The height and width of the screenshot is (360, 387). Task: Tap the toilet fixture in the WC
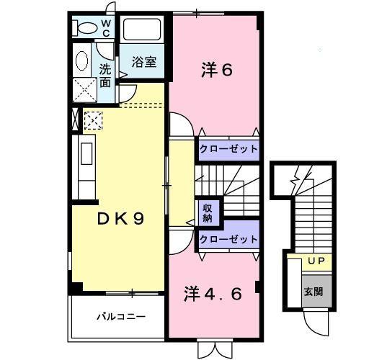pos(86,29)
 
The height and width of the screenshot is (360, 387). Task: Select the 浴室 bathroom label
pos(143,63)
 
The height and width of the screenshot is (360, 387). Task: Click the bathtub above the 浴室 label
pos(144,30)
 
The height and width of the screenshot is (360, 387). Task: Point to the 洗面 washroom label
pos(105,76)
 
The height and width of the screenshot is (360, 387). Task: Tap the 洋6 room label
pos(215,71)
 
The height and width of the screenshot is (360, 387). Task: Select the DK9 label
pos(121,218)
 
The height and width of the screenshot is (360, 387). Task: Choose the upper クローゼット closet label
pos(228,148)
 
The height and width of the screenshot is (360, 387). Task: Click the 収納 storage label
pos(207,212)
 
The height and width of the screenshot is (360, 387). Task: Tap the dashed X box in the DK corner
pos(94,120)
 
